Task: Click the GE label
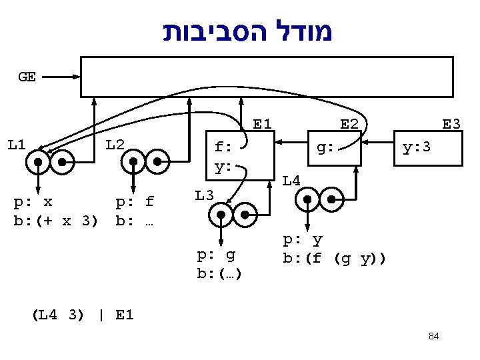(27, 77)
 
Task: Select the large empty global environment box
(267, 77)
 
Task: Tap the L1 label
(17, 145)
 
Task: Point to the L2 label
(115, 145)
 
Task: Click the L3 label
(204, 195)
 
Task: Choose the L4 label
(291, 179)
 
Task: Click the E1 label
(262, 124)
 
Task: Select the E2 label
(349, 124)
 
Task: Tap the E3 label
(451, 124)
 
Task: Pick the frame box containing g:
(333, 148)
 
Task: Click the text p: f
(135, 202)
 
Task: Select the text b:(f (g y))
(334, 258)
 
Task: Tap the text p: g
(217, 255)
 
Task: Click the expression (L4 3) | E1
(83, 315)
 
